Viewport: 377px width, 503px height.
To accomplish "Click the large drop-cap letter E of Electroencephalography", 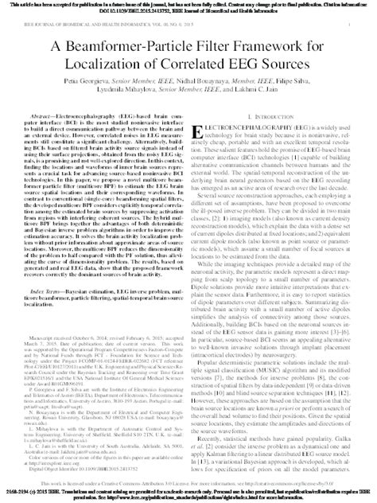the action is tap(200, 128).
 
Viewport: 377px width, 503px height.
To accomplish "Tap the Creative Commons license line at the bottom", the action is tap(188, 484).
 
